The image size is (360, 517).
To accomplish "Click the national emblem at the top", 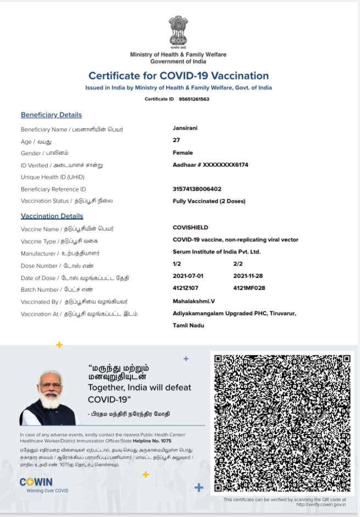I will tap(178, 32).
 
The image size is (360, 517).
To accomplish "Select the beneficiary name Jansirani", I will tap(185, 128).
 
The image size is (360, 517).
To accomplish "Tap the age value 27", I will tap(176, 140).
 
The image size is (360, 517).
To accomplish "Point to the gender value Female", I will tap(182, 152).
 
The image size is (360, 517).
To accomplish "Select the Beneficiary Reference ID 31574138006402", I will tap(197, 189).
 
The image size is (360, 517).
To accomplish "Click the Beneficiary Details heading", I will tap(51, 115).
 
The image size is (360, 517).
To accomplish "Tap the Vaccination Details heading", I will tap(52, 216).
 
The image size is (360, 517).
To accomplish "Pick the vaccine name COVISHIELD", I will tap(190, 227).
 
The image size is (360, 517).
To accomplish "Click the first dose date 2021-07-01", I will tap(188, 276).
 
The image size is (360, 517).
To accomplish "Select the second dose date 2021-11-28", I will tap(249, 276).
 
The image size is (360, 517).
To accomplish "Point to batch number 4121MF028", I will tap(249, 288).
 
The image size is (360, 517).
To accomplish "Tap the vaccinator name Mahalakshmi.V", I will tap(194, 301).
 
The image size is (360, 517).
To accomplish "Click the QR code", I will tap(282, 423).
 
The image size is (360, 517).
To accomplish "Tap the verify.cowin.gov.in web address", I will tap(321, 504).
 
